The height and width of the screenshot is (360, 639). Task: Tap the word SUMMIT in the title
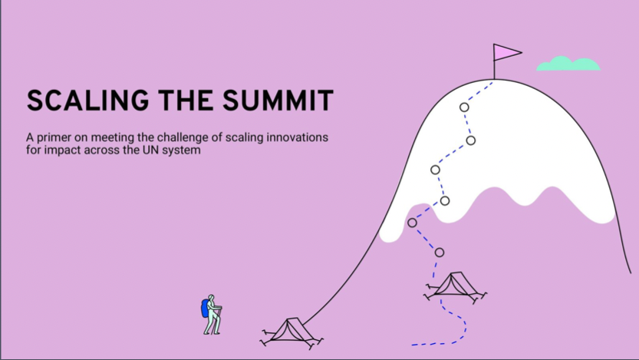click(x=278, y=101)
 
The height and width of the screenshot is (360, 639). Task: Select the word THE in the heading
click(x=186, y=101)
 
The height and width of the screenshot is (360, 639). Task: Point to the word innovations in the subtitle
click(x=297, y=137)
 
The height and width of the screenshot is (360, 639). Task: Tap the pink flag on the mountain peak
click(x=506, y=52)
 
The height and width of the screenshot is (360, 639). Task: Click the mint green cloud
click(x=568, y=64)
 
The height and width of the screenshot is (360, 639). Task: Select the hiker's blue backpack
click(x=205, y=309)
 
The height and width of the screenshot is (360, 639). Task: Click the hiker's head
click(x=211, y=298)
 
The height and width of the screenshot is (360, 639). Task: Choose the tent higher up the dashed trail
click(x=455, y=286)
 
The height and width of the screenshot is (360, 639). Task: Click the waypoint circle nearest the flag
click(x=464, y=107)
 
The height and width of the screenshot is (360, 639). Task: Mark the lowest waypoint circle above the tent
click(x=440, y=253)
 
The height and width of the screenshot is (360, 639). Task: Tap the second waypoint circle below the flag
click(x=471, y=140)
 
